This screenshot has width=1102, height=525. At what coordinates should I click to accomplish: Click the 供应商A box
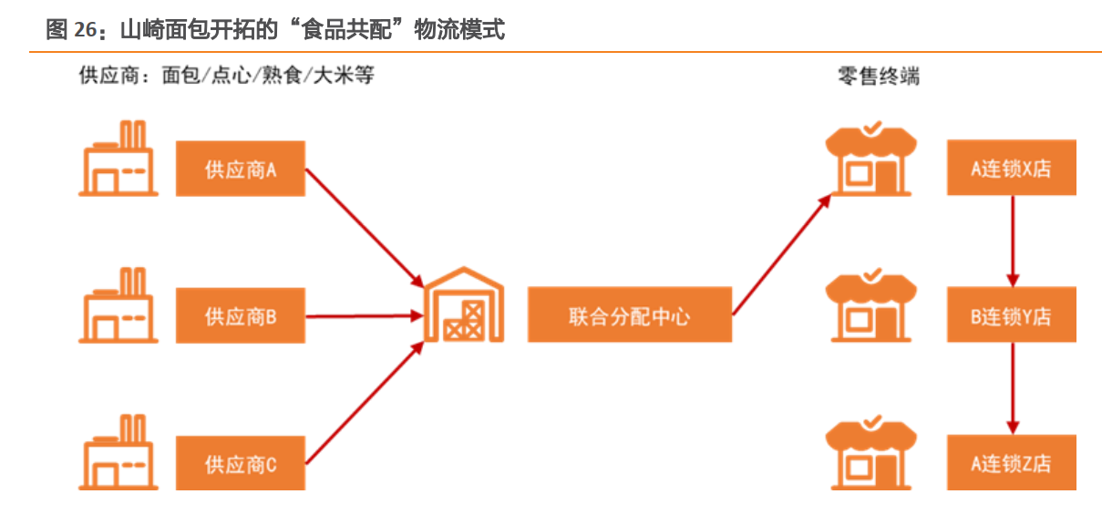point(240,169)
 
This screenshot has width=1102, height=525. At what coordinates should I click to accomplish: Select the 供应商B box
point(240,316)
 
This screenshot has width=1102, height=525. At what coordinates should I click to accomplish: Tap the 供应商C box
point(240,464)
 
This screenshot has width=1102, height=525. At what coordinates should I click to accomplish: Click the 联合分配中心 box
point(629,315)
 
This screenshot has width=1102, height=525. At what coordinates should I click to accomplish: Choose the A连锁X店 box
point(1011,168)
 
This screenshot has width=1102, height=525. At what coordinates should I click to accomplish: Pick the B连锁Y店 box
point(1011,315)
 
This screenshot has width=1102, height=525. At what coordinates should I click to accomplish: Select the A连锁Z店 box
point(1011,463)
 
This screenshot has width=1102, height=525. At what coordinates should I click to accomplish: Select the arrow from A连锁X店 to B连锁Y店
point(1012,241)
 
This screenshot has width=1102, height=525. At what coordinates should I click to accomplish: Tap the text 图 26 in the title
point(71,30)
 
